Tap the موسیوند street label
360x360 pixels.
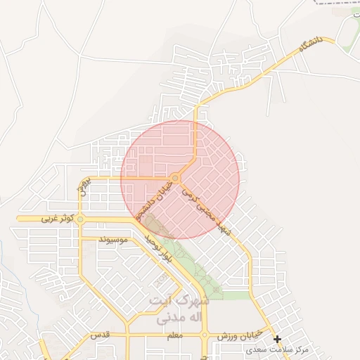click(112, 240)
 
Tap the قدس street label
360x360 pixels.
click(102, 336)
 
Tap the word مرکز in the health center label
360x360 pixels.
click(302, 349)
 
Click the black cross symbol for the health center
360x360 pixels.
click(278, 340)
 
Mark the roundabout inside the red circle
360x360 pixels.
click(174, 177)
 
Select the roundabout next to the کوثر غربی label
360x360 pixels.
click(80, 219)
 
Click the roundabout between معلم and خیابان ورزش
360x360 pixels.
click(205, 335)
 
